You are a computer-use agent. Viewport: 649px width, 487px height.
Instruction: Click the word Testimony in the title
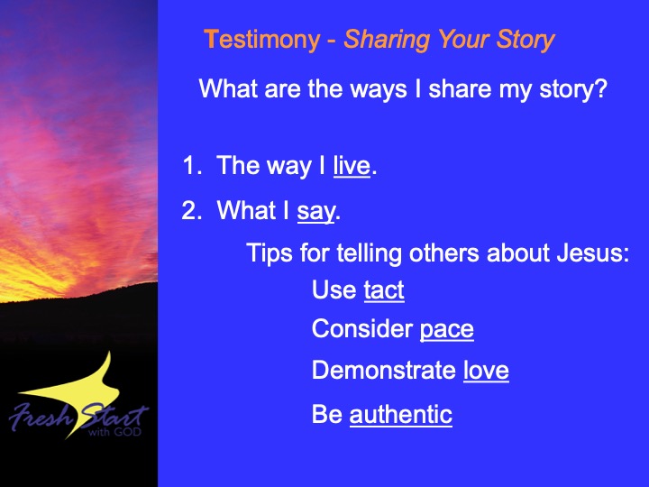[x=262, y=41]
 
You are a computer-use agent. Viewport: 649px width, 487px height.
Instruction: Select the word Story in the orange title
[x=526, y=41]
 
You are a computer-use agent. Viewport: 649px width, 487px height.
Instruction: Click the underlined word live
[x=352, y=166]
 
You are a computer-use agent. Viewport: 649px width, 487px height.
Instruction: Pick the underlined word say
[x=315, y=211]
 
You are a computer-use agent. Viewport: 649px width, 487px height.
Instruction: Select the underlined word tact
[x=384, y=289]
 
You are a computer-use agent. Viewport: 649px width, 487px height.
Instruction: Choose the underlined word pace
[x=446, y=330]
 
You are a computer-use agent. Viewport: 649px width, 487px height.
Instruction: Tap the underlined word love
[x=486, y=370]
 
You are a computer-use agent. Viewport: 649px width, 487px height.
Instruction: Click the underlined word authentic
[x=400, y=414]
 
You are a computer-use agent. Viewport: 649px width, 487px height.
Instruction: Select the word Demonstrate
[x=384, y=370]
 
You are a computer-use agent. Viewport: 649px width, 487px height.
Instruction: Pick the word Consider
[x=362, y=329]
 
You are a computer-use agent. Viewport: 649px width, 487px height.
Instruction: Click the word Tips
[x=270, y=253]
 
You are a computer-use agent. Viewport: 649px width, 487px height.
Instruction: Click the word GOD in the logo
[x=127, y=432]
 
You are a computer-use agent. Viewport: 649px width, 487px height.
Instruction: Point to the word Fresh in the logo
[x=41, y=416]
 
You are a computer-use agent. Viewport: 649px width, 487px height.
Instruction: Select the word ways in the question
[x=379, y=88]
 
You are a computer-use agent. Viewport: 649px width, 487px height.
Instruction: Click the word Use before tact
[x=334, y=289]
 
